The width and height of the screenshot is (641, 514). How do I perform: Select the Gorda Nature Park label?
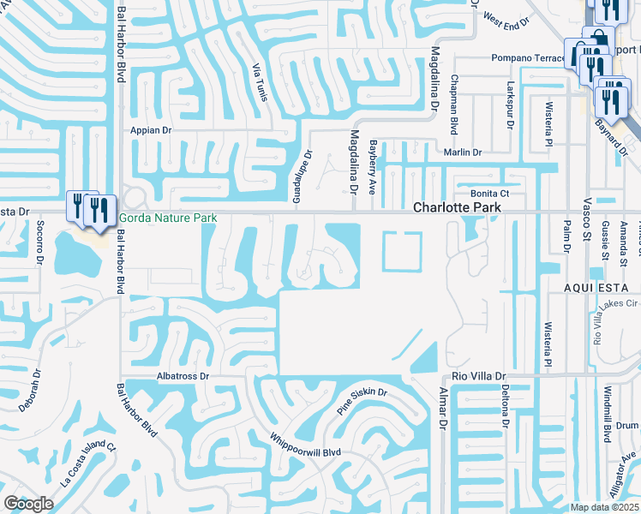click(x=168, y=218)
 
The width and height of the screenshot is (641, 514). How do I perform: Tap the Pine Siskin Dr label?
click(x=362, y=403)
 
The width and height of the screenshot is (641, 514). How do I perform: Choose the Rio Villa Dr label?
click(x=476, y=376)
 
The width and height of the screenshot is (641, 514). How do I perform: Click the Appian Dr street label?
click(x=152, y=131)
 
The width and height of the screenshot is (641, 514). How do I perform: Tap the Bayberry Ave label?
click(x=373, y=168)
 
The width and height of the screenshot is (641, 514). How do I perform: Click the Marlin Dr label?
click(x=463, y=152)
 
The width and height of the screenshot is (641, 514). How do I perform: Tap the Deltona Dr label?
click(x=505, y=407)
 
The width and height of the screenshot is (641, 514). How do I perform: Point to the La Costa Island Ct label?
click(x=87, y=465)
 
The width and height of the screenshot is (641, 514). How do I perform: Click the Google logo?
click(x=27, y=504)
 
